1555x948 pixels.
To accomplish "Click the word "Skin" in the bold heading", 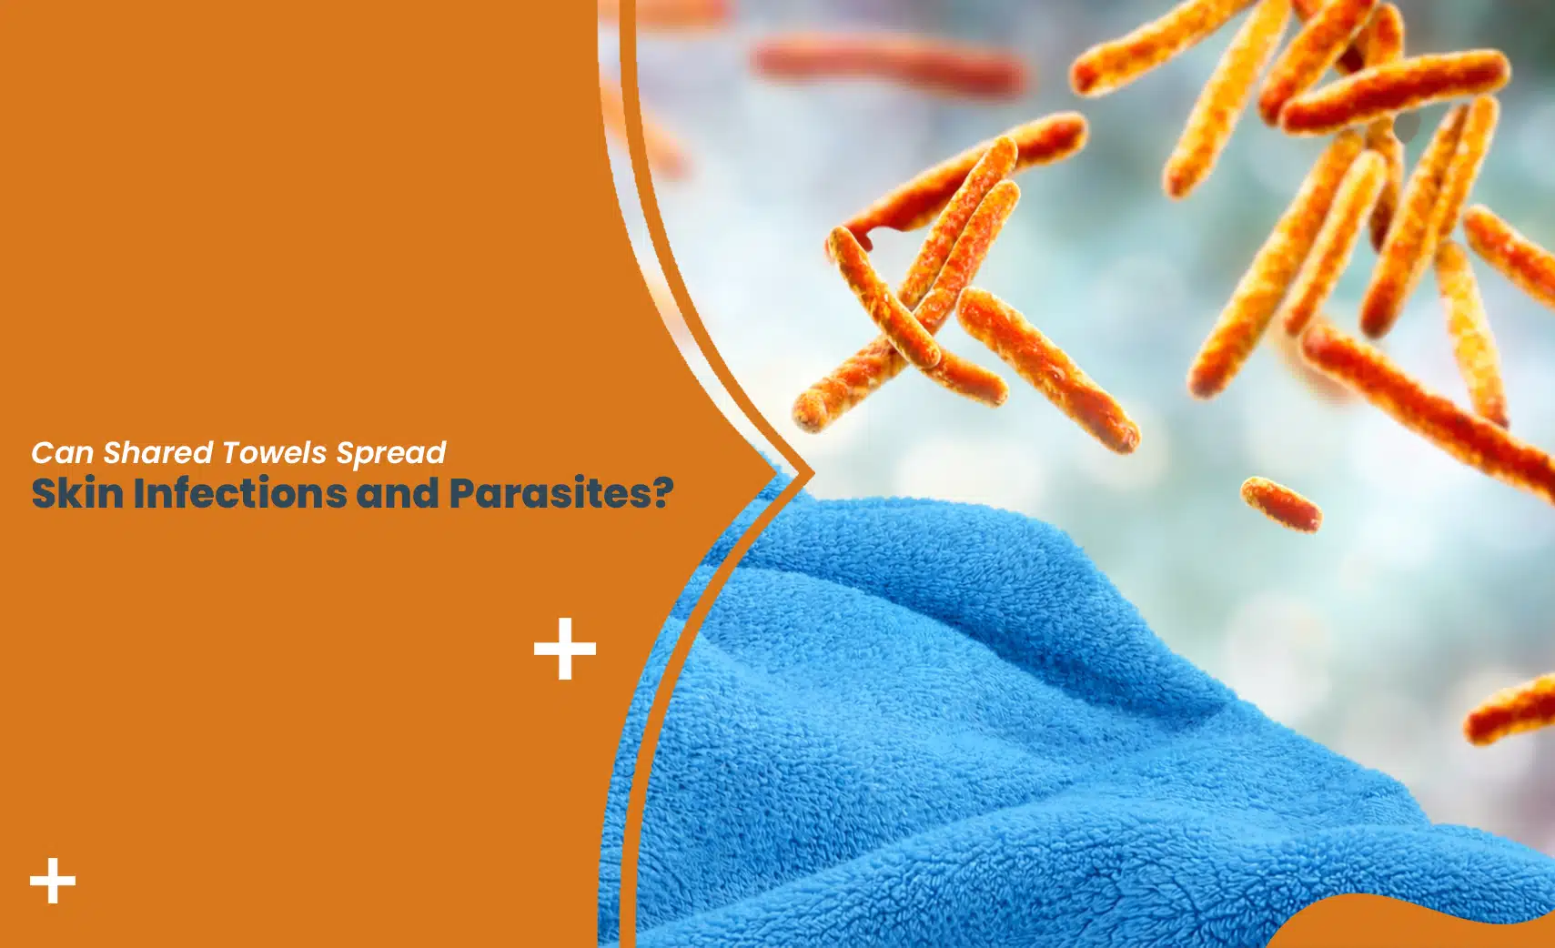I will pos(78,493).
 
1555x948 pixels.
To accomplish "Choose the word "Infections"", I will pos(240,493).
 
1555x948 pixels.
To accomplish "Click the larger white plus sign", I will pos(565,649).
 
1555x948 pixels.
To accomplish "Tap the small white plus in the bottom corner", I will pos(53,881).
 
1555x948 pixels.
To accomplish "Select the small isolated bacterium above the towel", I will pos(1281,503).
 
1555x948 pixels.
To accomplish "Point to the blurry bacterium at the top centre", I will pos(887,64).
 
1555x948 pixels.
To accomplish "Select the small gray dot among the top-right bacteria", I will pos(1407,127).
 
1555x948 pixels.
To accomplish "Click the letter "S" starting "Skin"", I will pos(44,493).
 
